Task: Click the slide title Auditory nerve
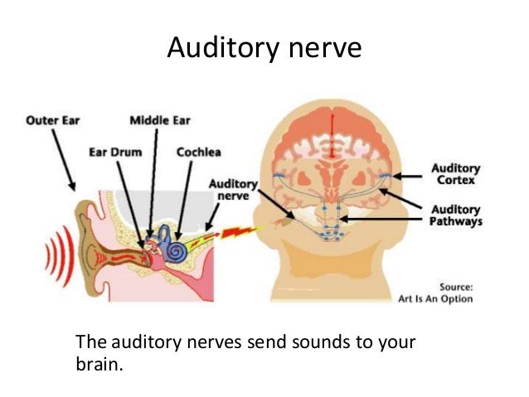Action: (x=264, y=47)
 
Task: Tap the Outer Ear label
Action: (x=52, y=120)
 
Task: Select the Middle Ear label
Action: (x=160, y=120)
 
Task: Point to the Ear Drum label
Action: (x=115, y=153)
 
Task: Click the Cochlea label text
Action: (x=198, y=153)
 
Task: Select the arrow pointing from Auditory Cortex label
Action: (x=409, y=176)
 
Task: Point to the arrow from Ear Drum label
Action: (x=130, y=199)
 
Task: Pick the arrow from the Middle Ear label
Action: (x=153, y=182)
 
